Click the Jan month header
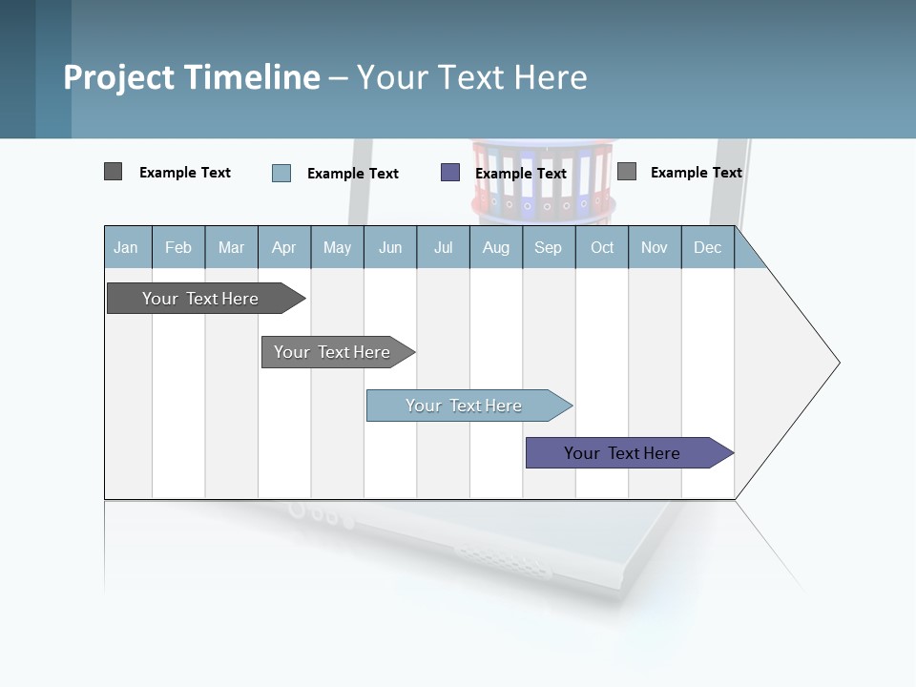[127, 247]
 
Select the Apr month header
[284, 247]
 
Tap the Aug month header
[496, 247]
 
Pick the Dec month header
[708, 247]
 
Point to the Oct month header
[602, 247]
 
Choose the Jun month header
[390, 247]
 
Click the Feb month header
[178, 247]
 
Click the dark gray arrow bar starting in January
[200, 299]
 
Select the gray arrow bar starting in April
[332, 352]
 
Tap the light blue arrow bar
[464, 406]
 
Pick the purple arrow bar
[622, 453]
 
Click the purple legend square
[450, 173]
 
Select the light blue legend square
[281, 173]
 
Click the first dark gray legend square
[114, 172]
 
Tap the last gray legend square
[627, 172]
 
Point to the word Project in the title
[118, 77]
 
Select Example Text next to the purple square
[521, 174]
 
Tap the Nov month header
[655, 247]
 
